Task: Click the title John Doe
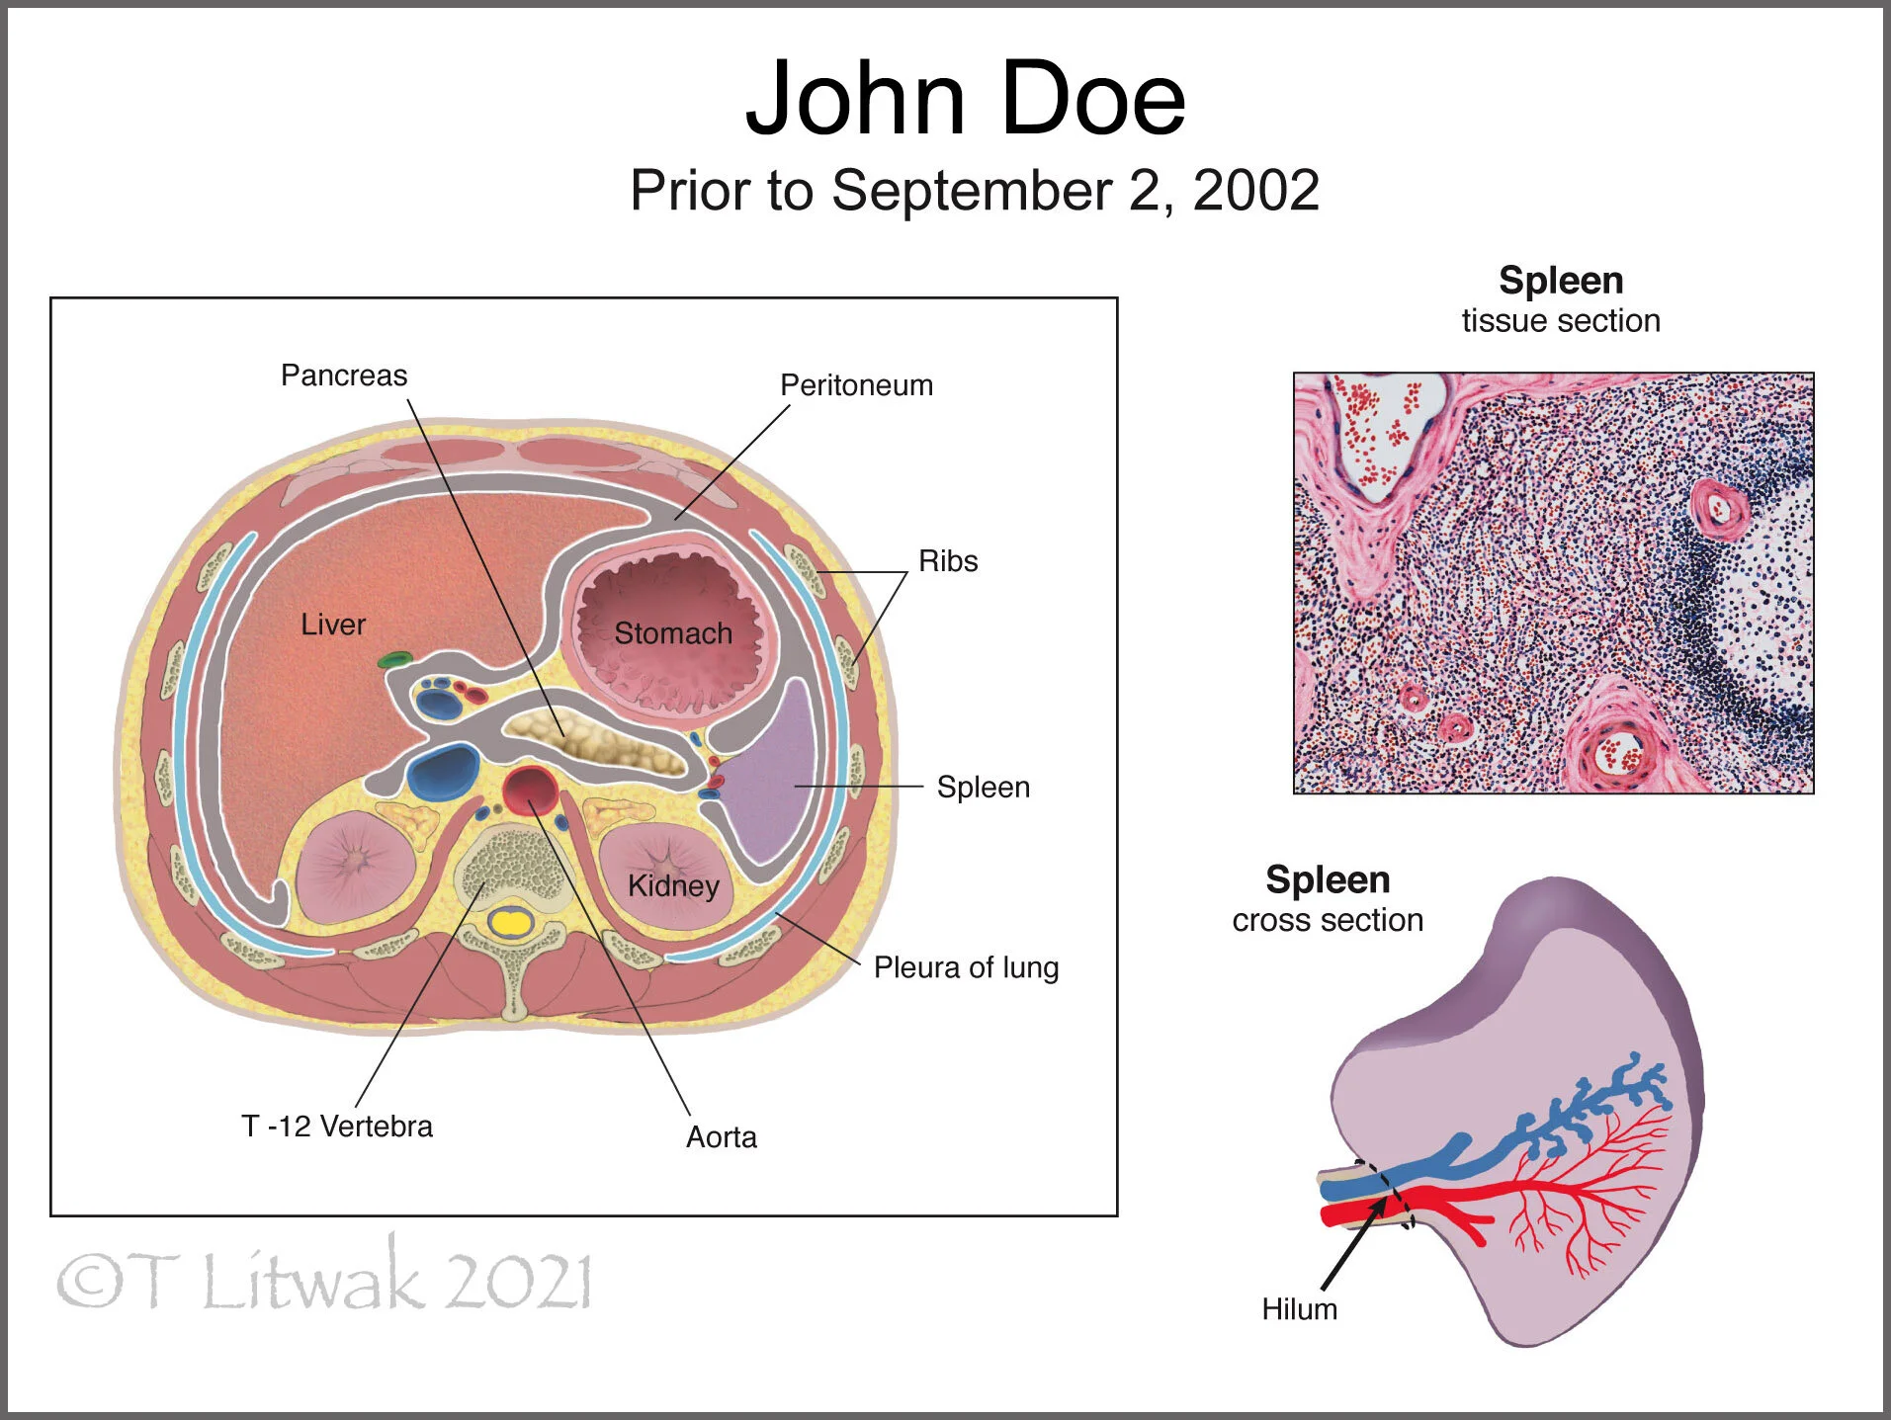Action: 965,99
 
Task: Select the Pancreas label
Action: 344,376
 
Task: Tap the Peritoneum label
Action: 856,385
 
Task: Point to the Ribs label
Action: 948,561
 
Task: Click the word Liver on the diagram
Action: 333,625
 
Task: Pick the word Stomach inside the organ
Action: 673,633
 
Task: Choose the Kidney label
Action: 673,885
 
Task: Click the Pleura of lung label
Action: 966,967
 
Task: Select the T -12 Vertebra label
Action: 337,1127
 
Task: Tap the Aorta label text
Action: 722,1137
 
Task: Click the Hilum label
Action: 1299,1309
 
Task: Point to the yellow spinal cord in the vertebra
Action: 511,923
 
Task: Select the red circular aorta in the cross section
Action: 529,789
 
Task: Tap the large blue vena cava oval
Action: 443,773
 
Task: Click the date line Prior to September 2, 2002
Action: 975,190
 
